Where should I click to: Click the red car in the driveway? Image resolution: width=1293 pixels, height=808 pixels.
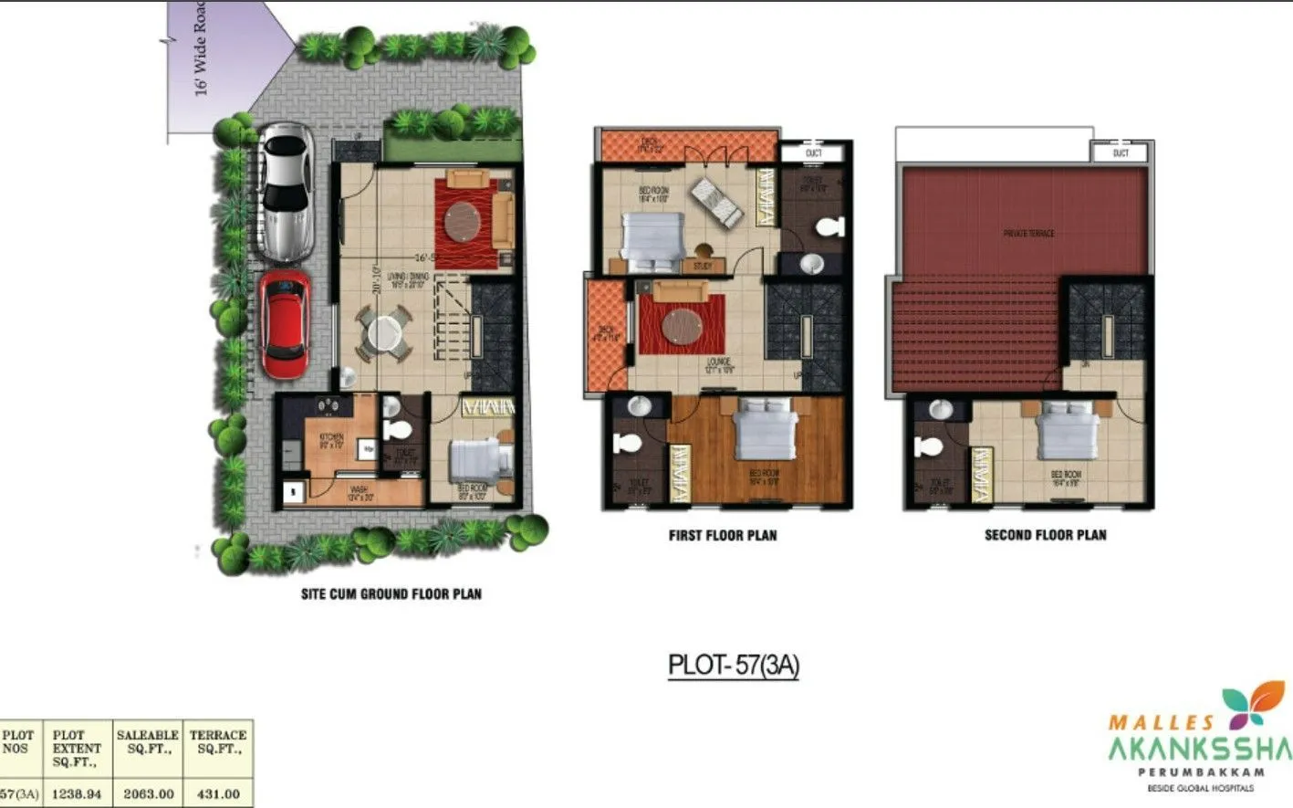click(x=285, y=323)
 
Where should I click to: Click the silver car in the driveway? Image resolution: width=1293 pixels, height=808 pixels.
click(x=286, y=193)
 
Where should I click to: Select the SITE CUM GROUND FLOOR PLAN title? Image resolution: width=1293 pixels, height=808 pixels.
click(x=391, y=594)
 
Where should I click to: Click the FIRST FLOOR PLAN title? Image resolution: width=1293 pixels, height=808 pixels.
click(x=723, y=536)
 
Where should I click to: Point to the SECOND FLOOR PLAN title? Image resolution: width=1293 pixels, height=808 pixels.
click(x=1045, y=536)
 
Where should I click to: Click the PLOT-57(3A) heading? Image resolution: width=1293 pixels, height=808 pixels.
click(x=734, y=665)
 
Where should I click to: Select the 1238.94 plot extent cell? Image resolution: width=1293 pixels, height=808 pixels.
click(x=77, y=793)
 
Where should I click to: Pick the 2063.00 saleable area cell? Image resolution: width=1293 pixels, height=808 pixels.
click(x=148, y=793)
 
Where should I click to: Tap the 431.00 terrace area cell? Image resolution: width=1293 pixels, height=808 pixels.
click(x=218, y=793)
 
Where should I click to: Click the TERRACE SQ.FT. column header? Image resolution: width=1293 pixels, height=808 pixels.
click(x=218, y=741)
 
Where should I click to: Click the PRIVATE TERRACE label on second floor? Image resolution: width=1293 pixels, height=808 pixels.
click(x=1028, y=234)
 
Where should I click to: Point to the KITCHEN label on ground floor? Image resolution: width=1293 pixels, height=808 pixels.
click(x=331, y=439)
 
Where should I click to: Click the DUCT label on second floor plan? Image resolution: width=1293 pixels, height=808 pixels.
click(x=1121, y=152)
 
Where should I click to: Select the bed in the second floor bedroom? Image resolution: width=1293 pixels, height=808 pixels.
click(x=1066, y=429)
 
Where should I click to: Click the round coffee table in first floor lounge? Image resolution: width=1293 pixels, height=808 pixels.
click(x=682, y=326)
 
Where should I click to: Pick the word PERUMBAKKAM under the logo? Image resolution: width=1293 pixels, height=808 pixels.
click(x=1200, y=772)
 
